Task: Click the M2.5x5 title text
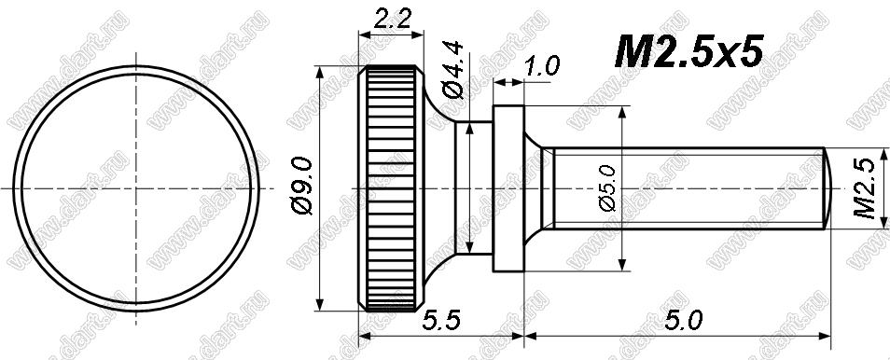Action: [688, 51]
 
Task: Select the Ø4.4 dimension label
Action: [454, 70]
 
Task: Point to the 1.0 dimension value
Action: [542, 66]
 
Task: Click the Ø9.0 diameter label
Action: [302, 187]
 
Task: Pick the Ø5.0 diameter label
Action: [606, 188]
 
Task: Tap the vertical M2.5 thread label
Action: [868, 188]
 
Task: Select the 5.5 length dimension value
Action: [438, 322]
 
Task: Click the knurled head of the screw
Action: [391, 188]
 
